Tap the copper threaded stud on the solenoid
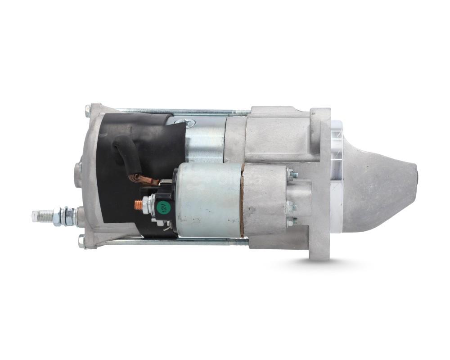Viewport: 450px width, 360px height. (138, 204)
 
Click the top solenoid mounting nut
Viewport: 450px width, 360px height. (293, 174)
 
